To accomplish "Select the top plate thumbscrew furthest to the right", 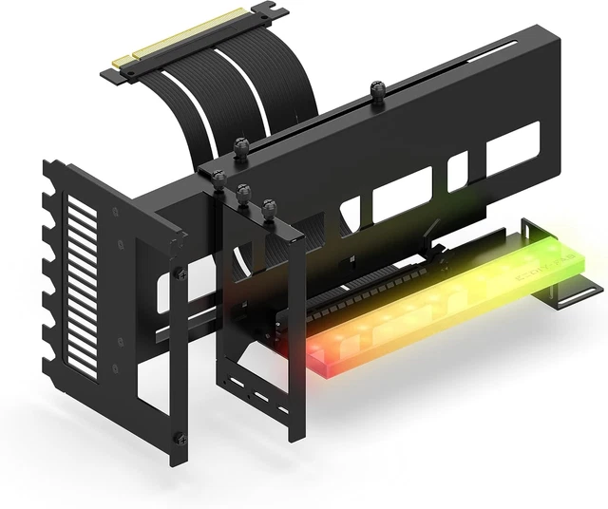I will tap(269, 207).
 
